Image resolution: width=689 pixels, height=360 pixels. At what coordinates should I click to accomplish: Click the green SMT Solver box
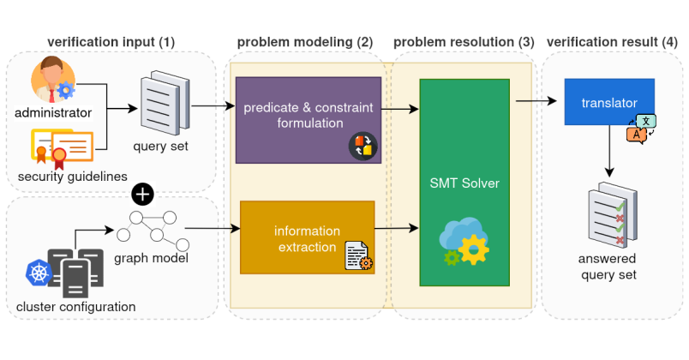click(464, 182)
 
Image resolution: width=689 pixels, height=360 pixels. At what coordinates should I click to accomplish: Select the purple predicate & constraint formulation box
click(309, 118)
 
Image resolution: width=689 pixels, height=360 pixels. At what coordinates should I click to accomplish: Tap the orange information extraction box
click(307, 237)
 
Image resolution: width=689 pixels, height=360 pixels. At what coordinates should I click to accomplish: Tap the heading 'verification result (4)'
click(612, 40)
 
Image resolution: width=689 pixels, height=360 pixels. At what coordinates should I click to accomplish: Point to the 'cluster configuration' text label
click(76, 307)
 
